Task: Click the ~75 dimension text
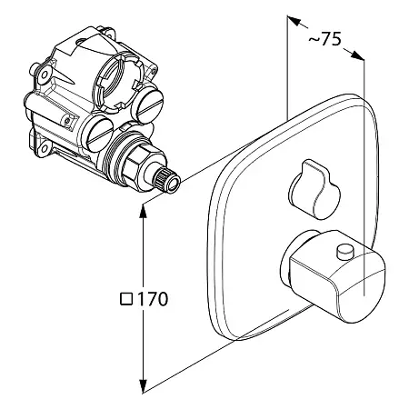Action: (324, 39)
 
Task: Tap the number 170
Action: (153, 299)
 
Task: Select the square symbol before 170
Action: (126, 299)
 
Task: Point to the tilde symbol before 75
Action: (314, 40)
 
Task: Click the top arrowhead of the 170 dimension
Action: (143, 211)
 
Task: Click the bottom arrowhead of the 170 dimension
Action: (143, 386)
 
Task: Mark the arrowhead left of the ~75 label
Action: (294, 21)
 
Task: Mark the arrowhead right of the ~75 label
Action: (357, 55)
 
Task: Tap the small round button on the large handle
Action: (346, 253)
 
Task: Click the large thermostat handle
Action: (334, 275)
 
